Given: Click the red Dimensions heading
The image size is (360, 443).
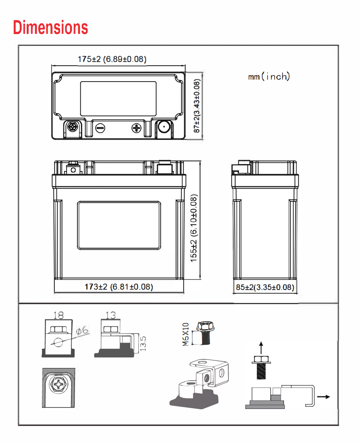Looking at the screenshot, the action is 50,27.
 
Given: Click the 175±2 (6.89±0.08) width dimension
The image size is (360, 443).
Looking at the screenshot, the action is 112,59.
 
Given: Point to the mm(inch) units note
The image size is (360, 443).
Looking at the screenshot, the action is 269,76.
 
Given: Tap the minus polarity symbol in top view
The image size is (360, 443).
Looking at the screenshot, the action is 100,128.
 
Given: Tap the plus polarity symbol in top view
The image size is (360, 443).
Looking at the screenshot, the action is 137,128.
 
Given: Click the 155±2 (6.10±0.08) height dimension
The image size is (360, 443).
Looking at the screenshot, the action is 193,228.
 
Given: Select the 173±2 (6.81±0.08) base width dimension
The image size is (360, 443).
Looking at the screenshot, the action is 119,287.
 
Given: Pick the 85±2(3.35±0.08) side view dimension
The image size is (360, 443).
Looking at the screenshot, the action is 265,287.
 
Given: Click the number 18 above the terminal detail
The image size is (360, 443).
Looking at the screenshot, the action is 58,315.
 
